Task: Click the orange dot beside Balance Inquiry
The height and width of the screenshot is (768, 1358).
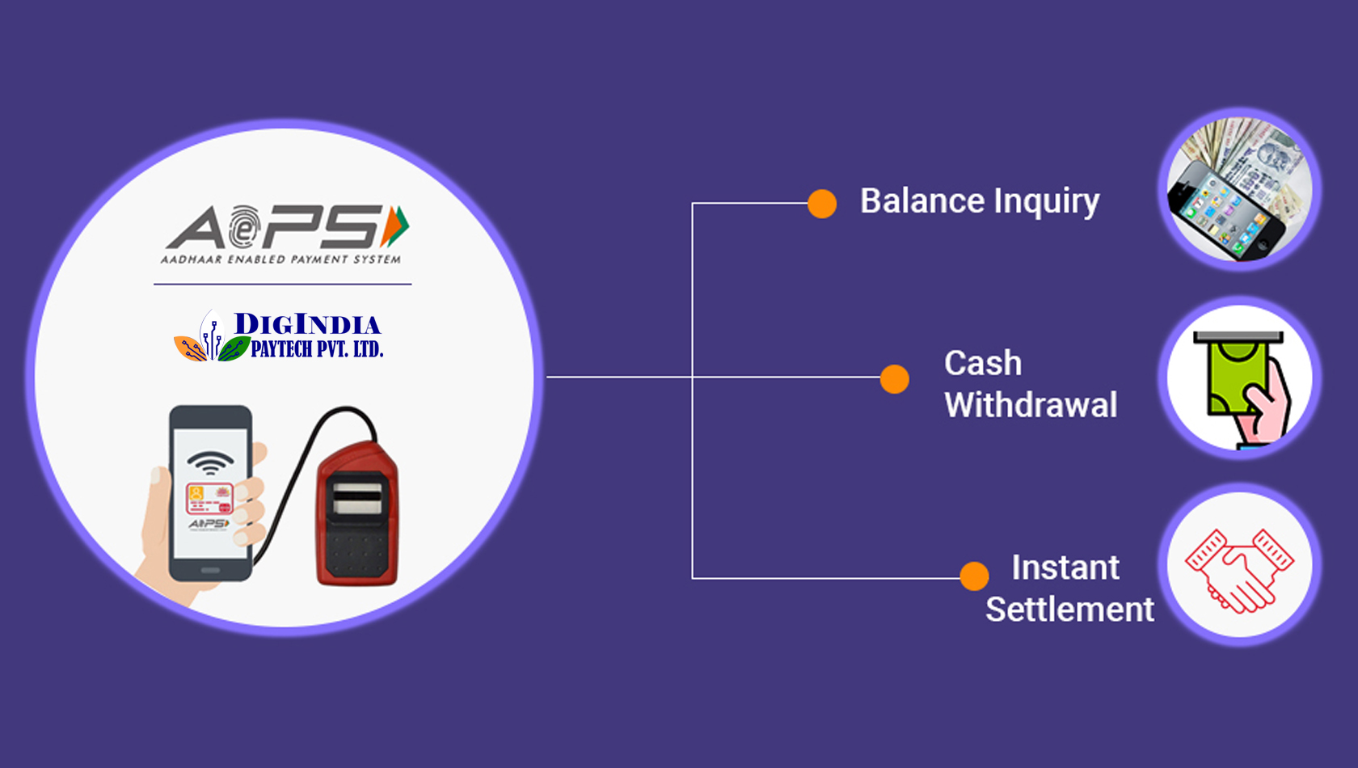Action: (822, 203)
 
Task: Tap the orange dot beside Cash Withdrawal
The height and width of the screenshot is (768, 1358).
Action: (894, 379)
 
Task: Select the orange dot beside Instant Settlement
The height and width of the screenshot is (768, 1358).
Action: (974, 576)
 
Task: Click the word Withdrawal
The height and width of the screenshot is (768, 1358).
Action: (1031, 404)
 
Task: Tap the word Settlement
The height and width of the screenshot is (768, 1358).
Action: (1070, 610)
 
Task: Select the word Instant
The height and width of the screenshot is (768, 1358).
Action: (1065, 568)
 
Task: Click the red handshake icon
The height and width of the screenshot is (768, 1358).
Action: (1240, 571)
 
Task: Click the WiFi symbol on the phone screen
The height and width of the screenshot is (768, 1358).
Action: (210, 462)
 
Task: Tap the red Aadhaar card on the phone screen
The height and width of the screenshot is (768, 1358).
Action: (210, 498)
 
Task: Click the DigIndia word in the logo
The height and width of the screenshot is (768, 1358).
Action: (307, 324)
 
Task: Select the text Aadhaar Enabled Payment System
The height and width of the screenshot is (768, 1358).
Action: (280, 260)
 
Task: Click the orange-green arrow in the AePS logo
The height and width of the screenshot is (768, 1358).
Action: (394, 226)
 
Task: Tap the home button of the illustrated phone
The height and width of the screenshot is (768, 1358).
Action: (210, 570)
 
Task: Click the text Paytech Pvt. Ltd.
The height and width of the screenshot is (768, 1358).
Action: (317, 349)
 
